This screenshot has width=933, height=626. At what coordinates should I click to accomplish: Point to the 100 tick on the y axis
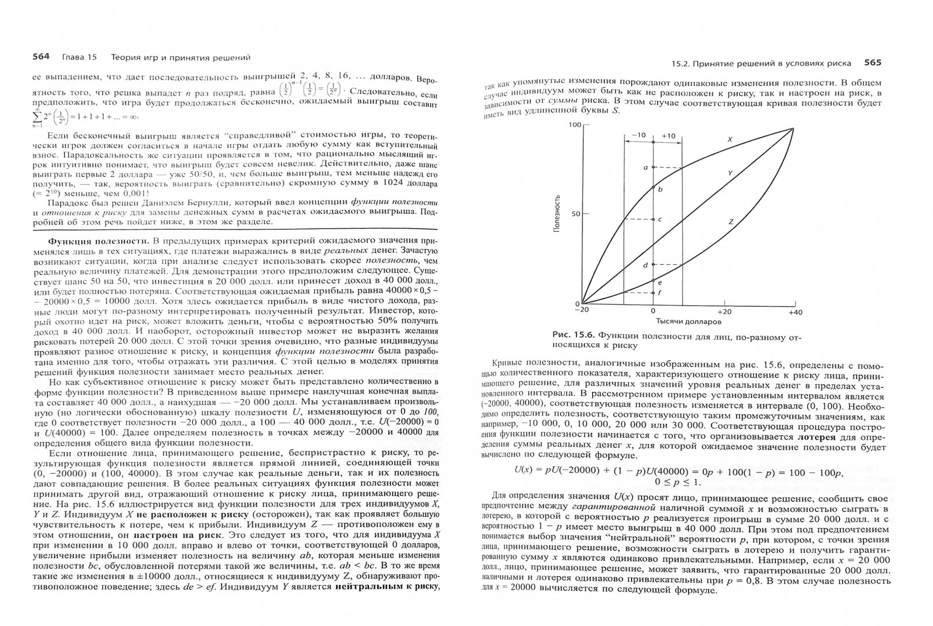(x=574, y=125)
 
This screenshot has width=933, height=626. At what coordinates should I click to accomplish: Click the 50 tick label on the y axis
(x=576, y=214)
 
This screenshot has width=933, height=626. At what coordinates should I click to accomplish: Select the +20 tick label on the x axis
(x=724, y=312)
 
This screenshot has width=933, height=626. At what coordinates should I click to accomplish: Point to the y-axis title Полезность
(x=557, y=214)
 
